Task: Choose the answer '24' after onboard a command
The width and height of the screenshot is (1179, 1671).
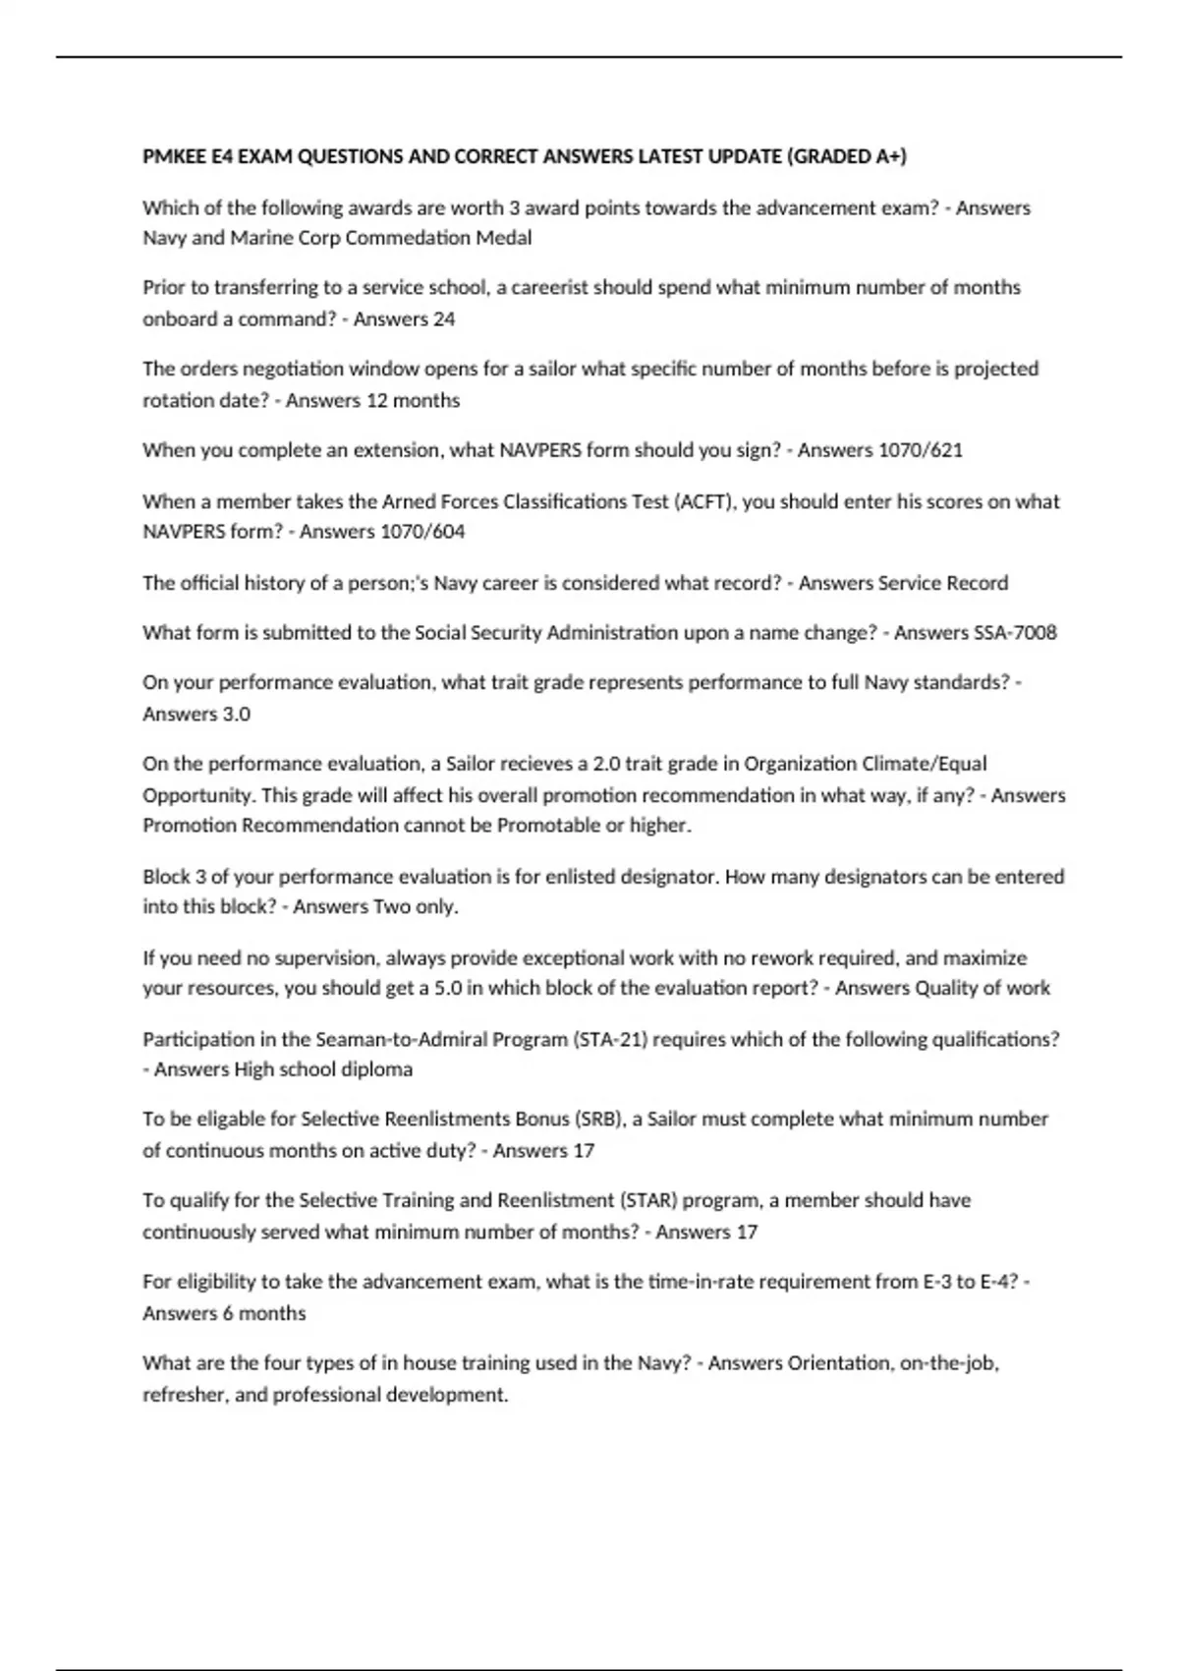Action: coord(443,318)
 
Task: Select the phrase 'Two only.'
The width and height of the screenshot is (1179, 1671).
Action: coord(417,906)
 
